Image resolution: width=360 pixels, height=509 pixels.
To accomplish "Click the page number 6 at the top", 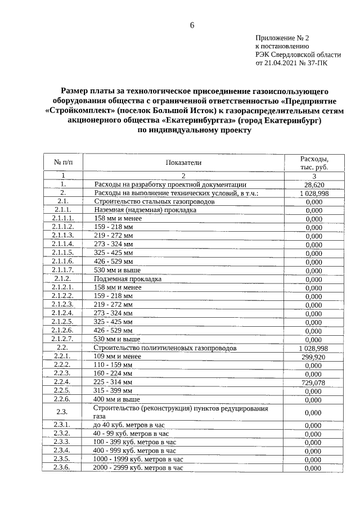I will point(192,25).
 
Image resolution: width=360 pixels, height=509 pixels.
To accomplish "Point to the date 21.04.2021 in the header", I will point(280,64).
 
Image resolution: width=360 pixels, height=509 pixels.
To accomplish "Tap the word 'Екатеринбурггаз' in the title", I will point(200,120).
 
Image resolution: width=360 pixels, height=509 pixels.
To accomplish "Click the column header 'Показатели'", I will point(183,163).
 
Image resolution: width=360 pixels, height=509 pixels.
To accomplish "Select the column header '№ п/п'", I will point(63,163).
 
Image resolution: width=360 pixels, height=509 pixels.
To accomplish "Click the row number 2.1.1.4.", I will point(63,245).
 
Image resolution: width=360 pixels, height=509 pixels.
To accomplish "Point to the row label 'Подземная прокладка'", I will point(128,279).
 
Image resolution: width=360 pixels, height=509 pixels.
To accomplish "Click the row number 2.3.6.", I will point(63,467).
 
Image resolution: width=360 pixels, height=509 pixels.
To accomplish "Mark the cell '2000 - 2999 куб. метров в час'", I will point(138,467).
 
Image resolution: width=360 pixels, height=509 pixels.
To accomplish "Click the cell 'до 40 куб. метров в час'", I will point(130,425).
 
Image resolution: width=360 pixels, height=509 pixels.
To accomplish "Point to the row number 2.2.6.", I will point(63,399).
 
